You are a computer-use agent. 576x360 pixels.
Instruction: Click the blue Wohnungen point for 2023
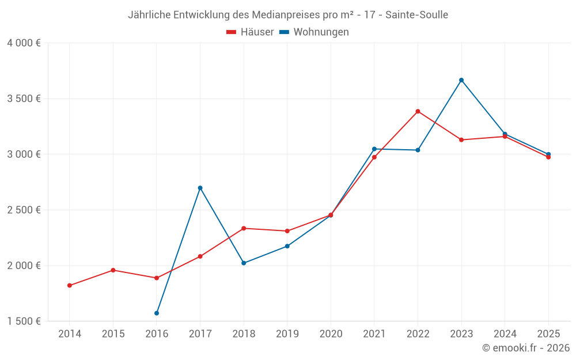pyautogui.click(x=461, y=80)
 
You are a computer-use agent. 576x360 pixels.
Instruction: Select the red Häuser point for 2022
pyautogui.click(x=418, y=111)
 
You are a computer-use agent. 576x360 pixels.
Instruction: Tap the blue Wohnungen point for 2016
pyautogui.click(x=157, y=313)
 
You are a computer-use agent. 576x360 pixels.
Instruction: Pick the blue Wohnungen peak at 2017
pyautogui.click(x=200, y=188)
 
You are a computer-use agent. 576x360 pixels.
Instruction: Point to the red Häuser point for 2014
pyautogui.click(x=70, y=286)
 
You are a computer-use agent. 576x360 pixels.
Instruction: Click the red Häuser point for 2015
pyautogui.click(x=113, y=270)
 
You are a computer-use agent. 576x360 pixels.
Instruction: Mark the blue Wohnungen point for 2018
pyautogui.click(x=244, y=263)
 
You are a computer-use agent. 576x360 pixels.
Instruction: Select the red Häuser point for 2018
pyautogui.click(x=244, y=228)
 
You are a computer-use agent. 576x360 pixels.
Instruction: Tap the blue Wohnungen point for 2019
pyautogui.click(x=287, y=246)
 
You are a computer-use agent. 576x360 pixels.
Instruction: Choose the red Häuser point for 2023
pyautogui.click(x=461, y=140)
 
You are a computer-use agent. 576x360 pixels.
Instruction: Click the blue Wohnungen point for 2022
pyautogui.click(x=418, y=150)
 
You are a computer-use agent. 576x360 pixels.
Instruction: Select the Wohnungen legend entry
pyautogui.click(x=314, y=32)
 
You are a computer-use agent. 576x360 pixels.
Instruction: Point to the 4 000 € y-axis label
pyautogui.click(x=24, y=43)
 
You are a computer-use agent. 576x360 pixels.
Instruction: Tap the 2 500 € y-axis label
pyautogui.click(x=24, y=210)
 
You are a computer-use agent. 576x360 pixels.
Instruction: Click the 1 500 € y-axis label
pyautogui.click(x=24, y=321)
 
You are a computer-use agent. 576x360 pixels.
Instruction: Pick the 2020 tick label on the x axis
pyautogui.click(x=331, y=334)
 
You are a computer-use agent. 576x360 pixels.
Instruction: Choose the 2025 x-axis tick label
pyautogui.click(x=548, y=334)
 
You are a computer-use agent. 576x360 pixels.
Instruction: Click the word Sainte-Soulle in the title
pyautogui.click(x=418, y=15)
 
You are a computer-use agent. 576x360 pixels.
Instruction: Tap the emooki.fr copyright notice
pyautogui.click(x=526, y=348)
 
